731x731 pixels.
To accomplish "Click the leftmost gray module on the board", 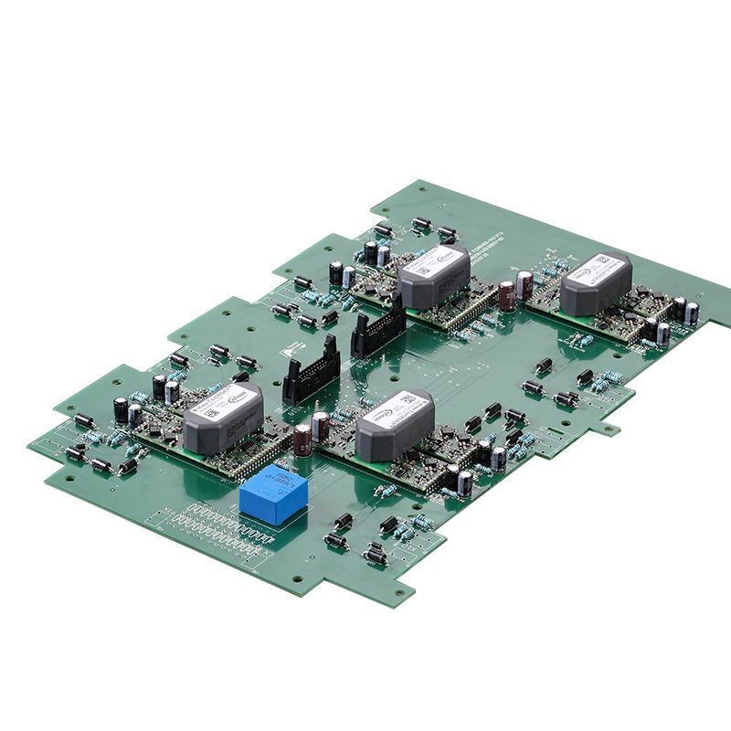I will click(223, 418).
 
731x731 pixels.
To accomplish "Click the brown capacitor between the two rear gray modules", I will click(506, 295).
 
